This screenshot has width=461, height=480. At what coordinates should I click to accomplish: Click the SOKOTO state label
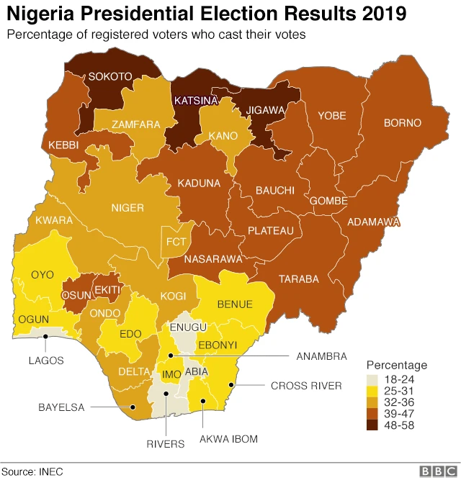point(110,76)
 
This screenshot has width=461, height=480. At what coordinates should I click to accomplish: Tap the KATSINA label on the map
point(194,100)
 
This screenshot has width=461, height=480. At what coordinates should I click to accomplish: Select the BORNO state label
point(402,123)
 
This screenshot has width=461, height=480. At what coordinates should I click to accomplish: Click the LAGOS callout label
point(46,360)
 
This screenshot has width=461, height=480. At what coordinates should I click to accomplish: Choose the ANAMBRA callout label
point(321,356)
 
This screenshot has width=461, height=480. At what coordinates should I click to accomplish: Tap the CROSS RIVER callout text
point(306,386)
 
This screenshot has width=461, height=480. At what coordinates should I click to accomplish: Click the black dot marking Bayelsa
point(133,407)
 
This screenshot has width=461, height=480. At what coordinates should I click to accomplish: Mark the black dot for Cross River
point(230,386)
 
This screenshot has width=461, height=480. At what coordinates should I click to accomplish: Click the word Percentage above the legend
point(396,365)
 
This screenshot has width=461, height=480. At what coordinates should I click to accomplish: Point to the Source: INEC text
point(32,471)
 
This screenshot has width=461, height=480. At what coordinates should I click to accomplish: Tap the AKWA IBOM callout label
point(228,438)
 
